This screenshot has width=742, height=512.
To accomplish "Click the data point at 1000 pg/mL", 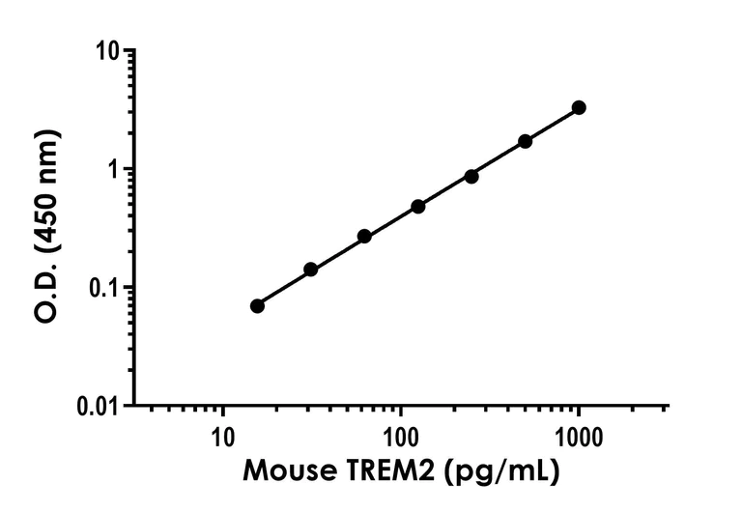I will coord(579,107).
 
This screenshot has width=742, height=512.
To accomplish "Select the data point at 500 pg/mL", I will coord(526,141).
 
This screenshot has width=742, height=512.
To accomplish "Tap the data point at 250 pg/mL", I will coord(471,176).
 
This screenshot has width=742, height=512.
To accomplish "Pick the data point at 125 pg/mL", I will coord(418,207).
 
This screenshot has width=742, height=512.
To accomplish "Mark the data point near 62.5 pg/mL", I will coord(364,236).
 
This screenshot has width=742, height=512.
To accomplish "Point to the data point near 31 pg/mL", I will coord(311,270).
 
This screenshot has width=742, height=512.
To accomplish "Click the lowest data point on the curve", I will coord(257,305).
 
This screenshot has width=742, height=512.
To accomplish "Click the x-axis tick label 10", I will coord(222,434).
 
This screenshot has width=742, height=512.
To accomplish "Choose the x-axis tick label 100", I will coord(401,434).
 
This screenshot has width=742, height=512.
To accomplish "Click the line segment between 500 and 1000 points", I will coord(552,125).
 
